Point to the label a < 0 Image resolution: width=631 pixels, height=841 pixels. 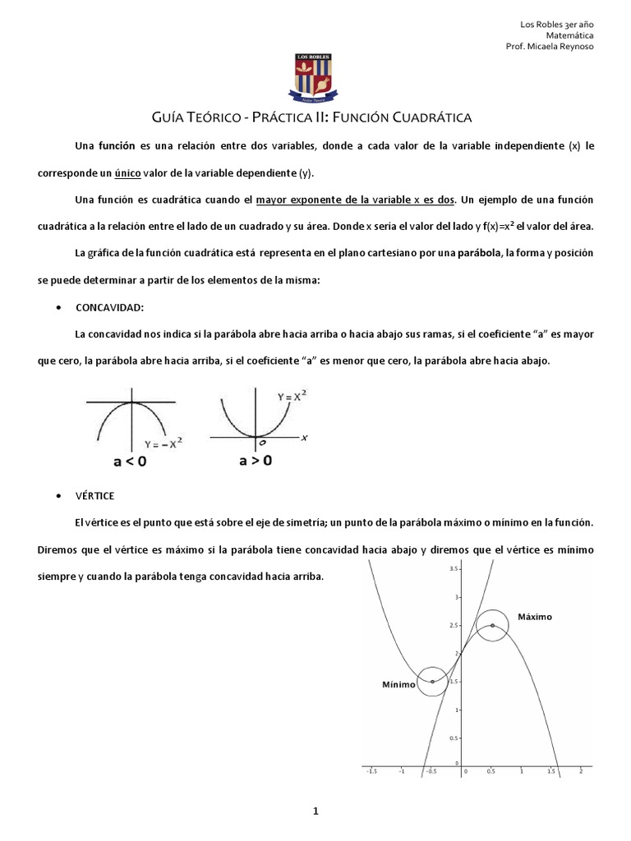coord(131,462)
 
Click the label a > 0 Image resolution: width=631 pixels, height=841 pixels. coord(256,461)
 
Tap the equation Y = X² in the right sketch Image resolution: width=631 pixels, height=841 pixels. coord(291,397)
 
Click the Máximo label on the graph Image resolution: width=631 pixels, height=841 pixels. coord(535,616)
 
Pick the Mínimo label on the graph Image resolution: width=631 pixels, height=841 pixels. coord(398,684)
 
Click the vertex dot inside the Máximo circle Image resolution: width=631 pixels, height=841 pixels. coord(492,625)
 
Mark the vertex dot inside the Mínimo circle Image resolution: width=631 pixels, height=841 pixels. coord(432,681)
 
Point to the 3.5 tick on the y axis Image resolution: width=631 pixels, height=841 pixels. coord(453,568)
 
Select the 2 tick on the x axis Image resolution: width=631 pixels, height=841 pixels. coord(581,773)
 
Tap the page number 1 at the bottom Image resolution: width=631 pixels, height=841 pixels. coord(315,812)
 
